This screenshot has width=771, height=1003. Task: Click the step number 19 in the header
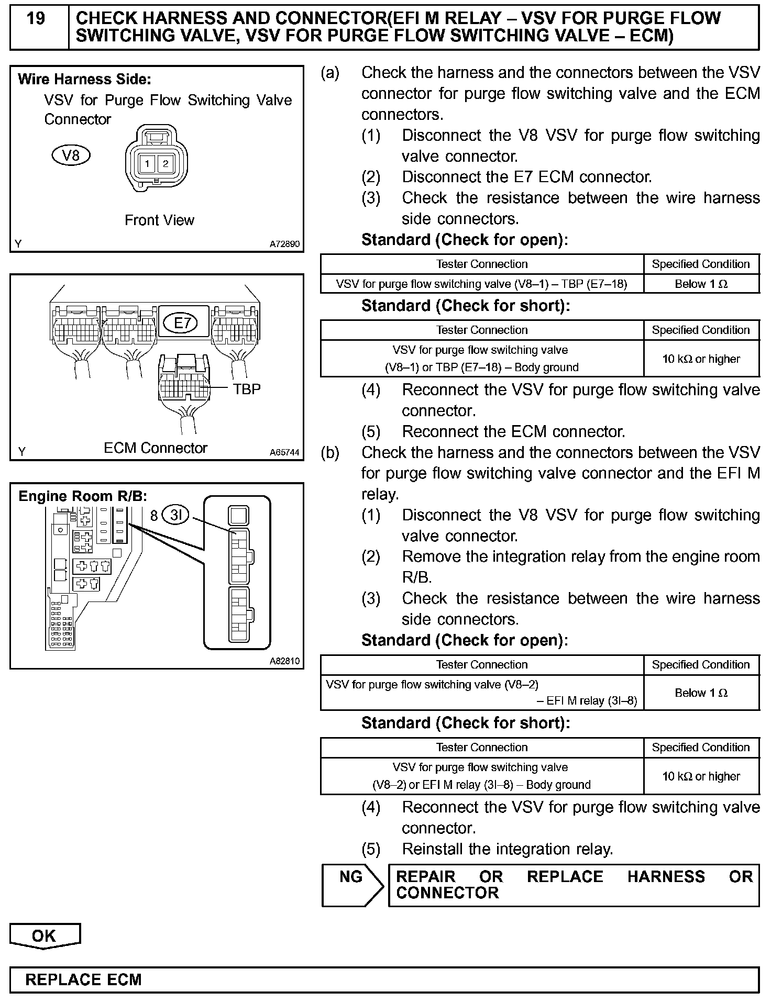click(x=36, y=19)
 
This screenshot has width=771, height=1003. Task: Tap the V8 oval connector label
click(x=71, y=155)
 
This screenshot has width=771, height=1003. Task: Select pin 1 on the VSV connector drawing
click(x=147, y=164)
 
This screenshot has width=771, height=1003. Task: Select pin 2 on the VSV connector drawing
click(x=166, y=164)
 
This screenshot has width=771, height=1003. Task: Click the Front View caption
click(x=159, y=220)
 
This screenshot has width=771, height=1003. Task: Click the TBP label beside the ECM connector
click(x=247, y=389)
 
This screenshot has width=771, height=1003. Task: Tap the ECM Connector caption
click(x=156, y=448)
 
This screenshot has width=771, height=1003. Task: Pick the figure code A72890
click(x=285, y=244)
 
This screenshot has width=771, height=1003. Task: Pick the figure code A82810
click(x=285, y=661)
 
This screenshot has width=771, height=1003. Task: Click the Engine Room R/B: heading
click(x=83, y=496)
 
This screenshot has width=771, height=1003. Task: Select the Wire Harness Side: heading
click(x=84, y=80)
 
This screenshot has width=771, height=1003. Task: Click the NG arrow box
click(x=352, y=885)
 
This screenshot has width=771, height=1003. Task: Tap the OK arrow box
click(x=45, y=936)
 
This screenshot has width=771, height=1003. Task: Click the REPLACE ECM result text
click(x=84, y=980)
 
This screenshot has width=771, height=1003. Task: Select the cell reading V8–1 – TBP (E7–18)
click(x=481, y=284)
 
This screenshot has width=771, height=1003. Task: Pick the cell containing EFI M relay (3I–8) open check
click(x=481, y=693)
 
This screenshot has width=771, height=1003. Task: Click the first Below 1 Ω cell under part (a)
click(x=701, y=284)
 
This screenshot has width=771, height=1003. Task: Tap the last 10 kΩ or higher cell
click(x=701, y=776)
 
